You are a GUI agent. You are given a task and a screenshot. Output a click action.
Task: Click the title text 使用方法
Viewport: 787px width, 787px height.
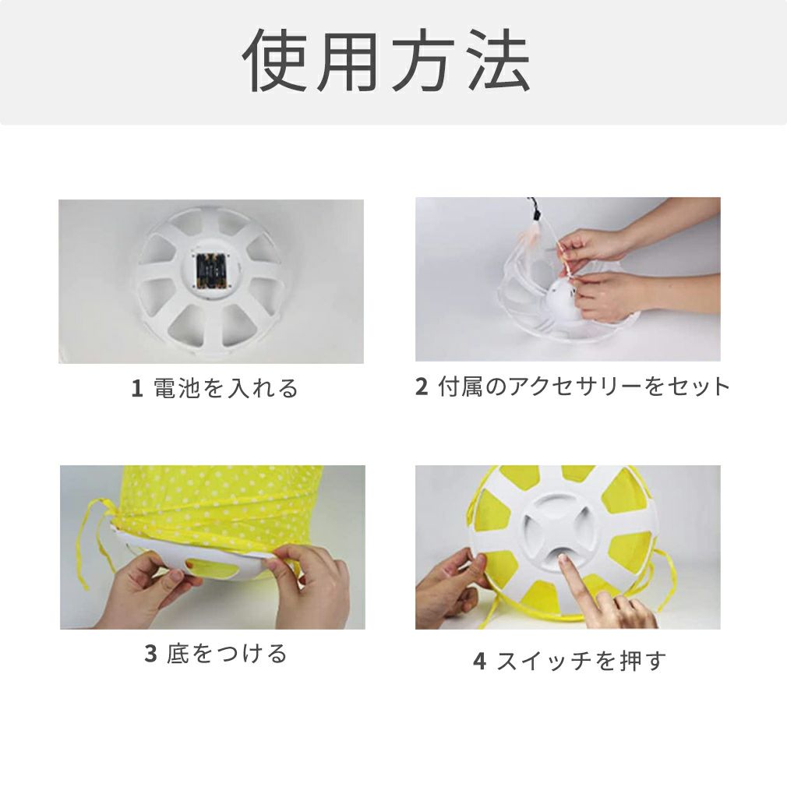click(x=386, y=60)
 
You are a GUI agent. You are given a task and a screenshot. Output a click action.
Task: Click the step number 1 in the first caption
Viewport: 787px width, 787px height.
click(x=136, y=389)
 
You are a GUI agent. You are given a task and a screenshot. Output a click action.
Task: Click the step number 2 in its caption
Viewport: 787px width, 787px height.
click(x=422, y=386)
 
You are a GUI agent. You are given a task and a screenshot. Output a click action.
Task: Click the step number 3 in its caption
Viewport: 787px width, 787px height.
click(x=150, y=654)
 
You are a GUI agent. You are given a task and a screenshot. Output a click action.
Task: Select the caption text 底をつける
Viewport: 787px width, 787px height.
click(x=227, y=654)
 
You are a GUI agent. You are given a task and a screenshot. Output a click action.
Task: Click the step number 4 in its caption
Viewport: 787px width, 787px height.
click(x=480, y=661)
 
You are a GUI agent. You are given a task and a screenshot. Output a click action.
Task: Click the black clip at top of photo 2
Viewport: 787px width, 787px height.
click(x=535, y=215)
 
